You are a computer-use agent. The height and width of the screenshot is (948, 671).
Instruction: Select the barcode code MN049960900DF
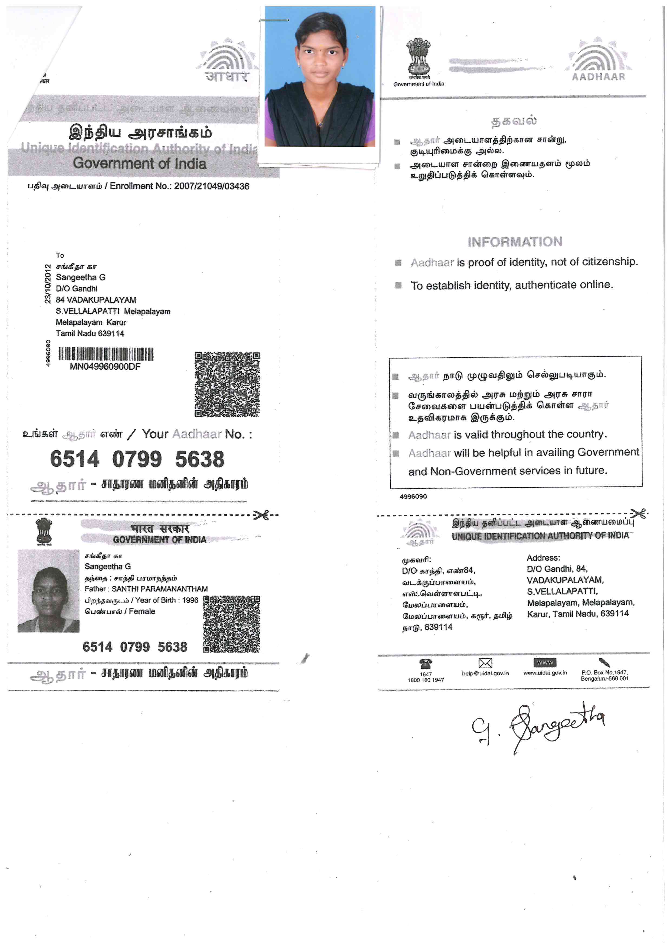click(105, 367)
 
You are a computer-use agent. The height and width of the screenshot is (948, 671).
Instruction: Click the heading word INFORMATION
click(515, 242)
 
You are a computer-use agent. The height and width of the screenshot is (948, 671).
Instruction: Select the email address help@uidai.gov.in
click(485, 673)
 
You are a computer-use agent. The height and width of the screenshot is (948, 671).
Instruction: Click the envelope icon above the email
click(485, 663)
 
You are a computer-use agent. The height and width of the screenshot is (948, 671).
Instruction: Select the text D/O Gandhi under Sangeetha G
click(77, 289)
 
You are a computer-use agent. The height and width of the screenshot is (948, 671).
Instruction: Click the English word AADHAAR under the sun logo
click(598, 77)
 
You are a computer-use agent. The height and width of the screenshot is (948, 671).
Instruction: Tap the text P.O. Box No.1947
click(604, 673)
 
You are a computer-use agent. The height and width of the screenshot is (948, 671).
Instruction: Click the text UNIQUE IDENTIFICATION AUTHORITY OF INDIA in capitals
click(540, 536)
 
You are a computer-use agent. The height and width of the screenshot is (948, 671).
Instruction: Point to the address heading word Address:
click(543, 558)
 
